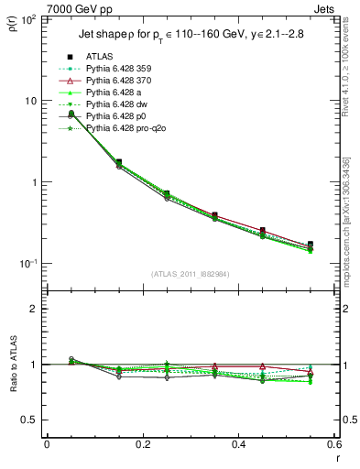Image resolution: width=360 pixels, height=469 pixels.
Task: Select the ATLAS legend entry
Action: point(103,57)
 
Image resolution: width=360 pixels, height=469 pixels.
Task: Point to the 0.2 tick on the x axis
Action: point(142,445)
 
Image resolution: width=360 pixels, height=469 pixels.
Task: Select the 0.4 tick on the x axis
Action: point(238,445)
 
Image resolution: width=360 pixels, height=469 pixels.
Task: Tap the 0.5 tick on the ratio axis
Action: point(31,420)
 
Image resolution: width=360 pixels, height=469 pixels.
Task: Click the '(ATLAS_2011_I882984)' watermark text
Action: point(190,274)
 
